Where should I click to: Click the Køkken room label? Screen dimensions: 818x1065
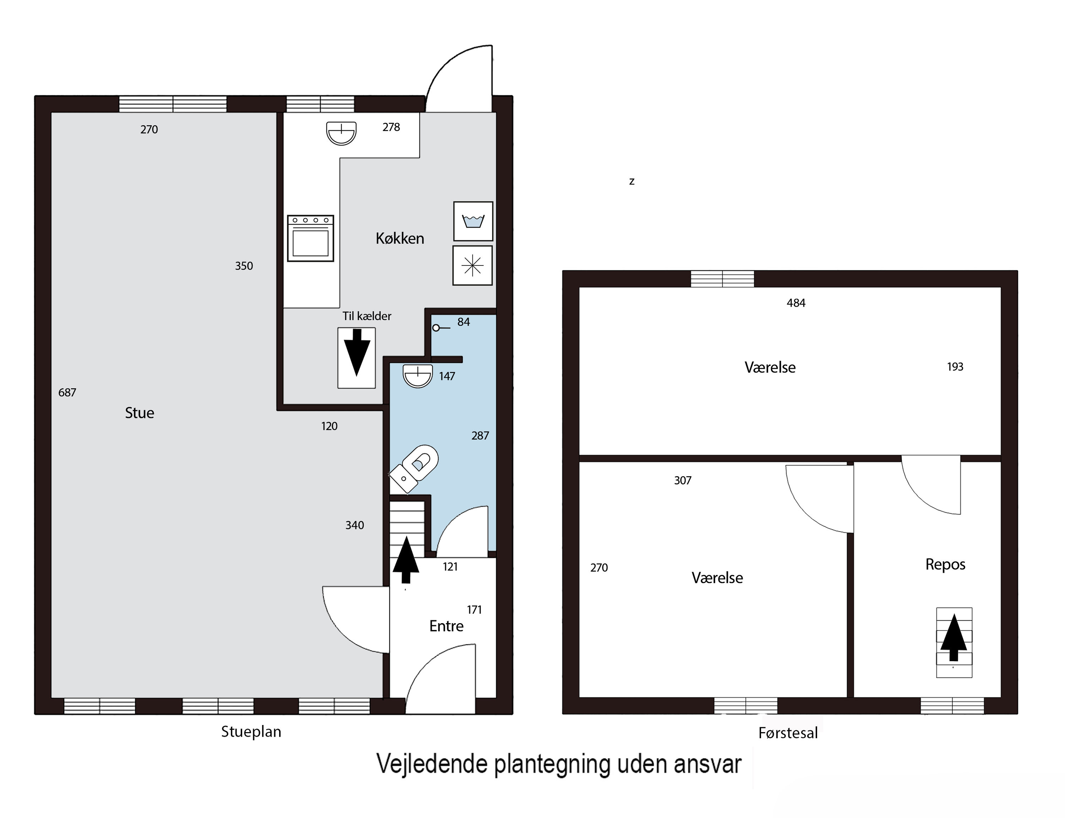(x=400, y=238)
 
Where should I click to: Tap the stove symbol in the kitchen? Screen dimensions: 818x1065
(x=310, y=238)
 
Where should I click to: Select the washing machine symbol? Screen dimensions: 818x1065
(x=473, y=221)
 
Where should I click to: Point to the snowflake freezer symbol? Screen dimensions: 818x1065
(x=472, y=265)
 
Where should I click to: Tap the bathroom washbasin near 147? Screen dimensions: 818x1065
(x=418, y=375)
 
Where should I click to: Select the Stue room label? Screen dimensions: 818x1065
(x=139, y=413)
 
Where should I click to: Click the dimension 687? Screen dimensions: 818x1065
(x=67, y=392)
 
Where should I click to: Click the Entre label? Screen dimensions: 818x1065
(x=446, y=626)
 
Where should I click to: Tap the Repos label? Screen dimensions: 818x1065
(x=945, y=564)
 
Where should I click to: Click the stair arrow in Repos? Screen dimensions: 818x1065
(x=953, y=638)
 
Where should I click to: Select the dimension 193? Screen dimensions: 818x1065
(x=955, y=367)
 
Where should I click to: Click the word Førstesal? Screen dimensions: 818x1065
(x=788, y=733)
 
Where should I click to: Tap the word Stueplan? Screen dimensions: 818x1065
(x=251, y=731)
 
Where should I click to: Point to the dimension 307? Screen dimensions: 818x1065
(x=683, y=481)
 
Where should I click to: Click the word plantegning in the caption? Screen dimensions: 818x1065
(x=551, y=764)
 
